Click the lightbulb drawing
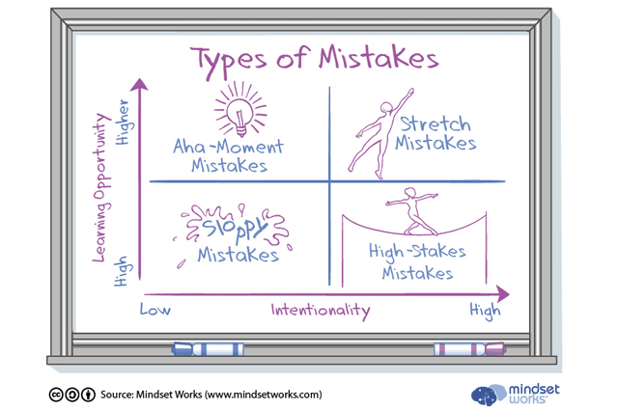pyautogui.click(x=240, y=109)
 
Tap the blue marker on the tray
pyautogui.click(x=208, y=349)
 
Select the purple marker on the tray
pyautogui.click(x=469, y=349)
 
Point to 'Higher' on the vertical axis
pyautogui.click(x=124, y=123)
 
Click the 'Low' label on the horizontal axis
pyautogui.click(x=155, y=310)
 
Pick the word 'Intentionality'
pyautogui.click(x=321, y=312)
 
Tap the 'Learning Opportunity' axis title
pyautogui.click(x=100, y=187)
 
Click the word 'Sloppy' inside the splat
pyautogui.click(x=236, y=228)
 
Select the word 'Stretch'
pyautogui.click(x=435, y=124)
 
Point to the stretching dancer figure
pyautogui.click(x=379, y=134)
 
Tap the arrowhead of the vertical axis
pyautogui.click(x=139, y=84)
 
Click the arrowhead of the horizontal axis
pyautogui.click(x=503, y=294)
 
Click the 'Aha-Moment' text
pyautogui.click(x=228, y=147)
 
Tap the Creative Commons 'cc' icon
pyautogui.click(x=56, y=395)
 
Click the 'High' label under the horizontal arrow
pyautogui.click(x=485, y=312)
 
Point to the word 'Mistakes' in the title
pyautogui.click(x=379, y=58)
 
